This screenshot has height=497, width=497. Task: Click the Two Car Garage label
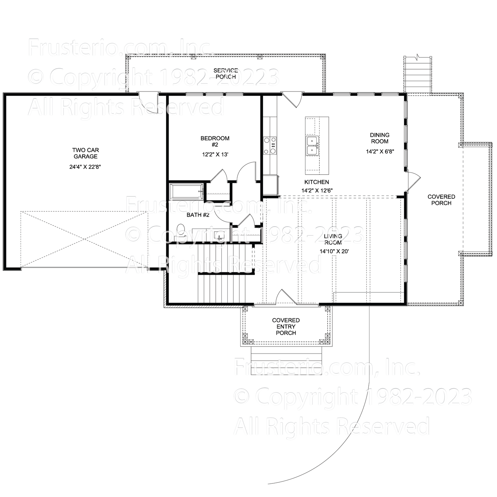coord(85,153)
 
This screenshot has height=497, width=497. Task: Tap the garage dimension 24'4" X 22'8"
coord(85,167)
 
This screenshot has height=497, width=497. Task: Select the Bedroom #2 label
coord(215,141)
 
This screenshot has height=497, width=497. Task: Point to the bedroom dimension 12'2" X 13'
coord(215,154)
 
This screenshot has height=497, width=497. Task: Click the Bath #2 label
coord(198,215)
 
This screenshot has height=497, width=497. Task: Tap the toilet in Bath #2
coord(181,230)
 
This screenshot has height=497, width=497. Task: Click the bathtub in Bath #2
coord(187,191)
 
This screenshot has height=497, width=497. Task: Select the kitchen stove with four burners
coord(270,145)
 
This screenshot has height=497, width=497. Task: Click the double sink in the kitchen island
coord(312,145)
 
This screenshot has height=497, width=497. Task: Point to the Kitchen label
coord(316,182)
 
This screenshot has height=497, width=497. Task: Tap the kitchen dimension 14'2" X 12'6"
coord(317,191)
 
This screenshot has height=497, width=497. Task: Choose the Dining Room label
coord(380,138)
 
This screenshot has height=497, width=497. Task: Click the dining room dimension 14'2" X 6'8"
coord(380,151)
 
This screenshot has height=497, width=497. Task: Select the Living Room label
coord(333,239)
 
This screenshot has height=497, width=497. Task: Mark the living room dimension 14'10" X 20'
coord(334,251)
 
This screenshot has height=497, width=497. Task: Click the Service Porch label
coord(226,74)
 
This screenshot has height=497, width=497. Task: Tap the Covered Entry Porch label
coord(286,326)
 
